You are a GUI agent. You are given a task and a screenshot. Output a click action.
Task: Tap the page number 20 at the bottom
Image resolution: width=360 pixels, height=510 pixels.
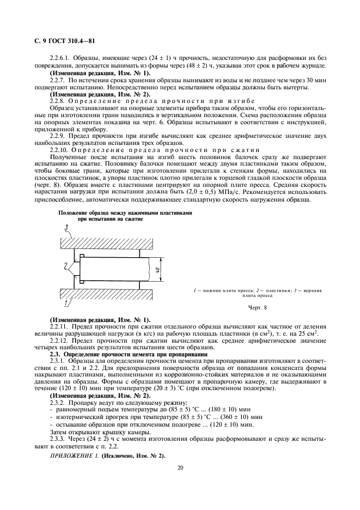tap(180, 467)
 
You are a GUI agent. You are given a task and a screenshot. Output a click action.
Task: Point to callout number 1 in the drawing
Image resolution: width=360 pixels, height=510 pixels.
tap(66, 301)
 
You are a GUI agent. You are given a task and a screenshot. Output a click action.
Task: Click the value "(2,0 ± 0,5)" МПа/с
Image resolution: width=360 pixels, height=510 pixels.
tap(216, 192)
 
